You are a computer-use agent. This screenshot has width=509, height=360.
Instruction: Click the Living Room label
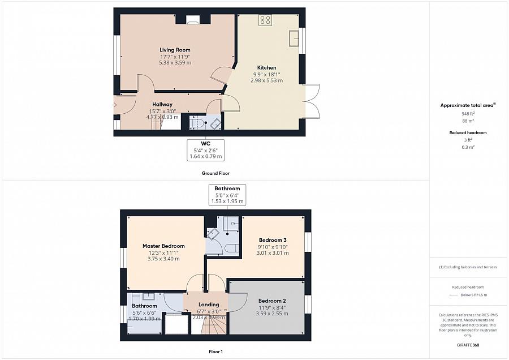(175, 50)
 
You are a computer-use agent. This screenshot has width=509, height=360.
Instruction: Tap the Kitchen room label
(266, 67)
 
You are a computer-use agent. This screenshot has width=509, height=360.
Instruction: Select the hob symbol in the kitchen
(265, 20)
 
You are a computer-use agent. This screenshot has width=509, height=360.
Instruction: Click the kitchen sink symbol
(294, 38)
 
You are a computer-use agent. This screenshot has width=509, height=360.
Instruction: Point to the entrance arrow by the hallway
(115, 104)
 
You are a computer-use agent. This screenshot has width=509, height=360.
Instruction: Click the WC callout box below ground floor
(206, 149)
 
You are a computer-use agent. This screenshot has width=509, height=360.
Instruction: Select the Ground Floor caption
(215, 173)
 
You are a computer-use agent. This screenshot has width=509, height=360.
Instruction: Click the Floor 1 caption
(215, 352)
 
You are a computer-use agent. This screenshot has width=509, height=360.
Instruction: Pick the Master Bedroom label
(163, 246)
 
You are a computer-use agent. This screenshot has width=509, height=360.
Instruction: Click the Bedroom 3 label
(272, 239)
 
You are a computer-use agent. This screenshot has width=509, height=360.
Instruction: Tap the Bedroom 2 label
(272, 301)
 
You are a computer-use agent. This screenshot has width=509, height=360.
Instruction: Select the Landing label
(209, 305)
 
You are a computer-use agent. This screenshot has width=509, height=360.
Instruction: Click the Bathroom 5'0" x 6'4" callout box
(227, 195)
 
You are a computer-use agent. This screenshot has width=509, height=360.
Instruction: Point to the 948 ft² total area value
(468, 114)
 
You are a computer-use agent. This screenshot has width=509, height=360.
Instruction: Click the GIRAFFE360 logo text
(468, 344)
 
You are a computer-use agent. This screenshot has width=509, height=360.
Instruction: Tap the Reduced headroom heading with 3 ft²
(468, 132)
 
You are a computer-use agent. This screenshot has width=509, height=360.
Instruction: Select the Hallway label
(162, 104)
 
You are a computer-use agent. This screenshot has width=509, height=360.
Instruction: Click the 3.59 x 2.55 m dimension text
(272, 313)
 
